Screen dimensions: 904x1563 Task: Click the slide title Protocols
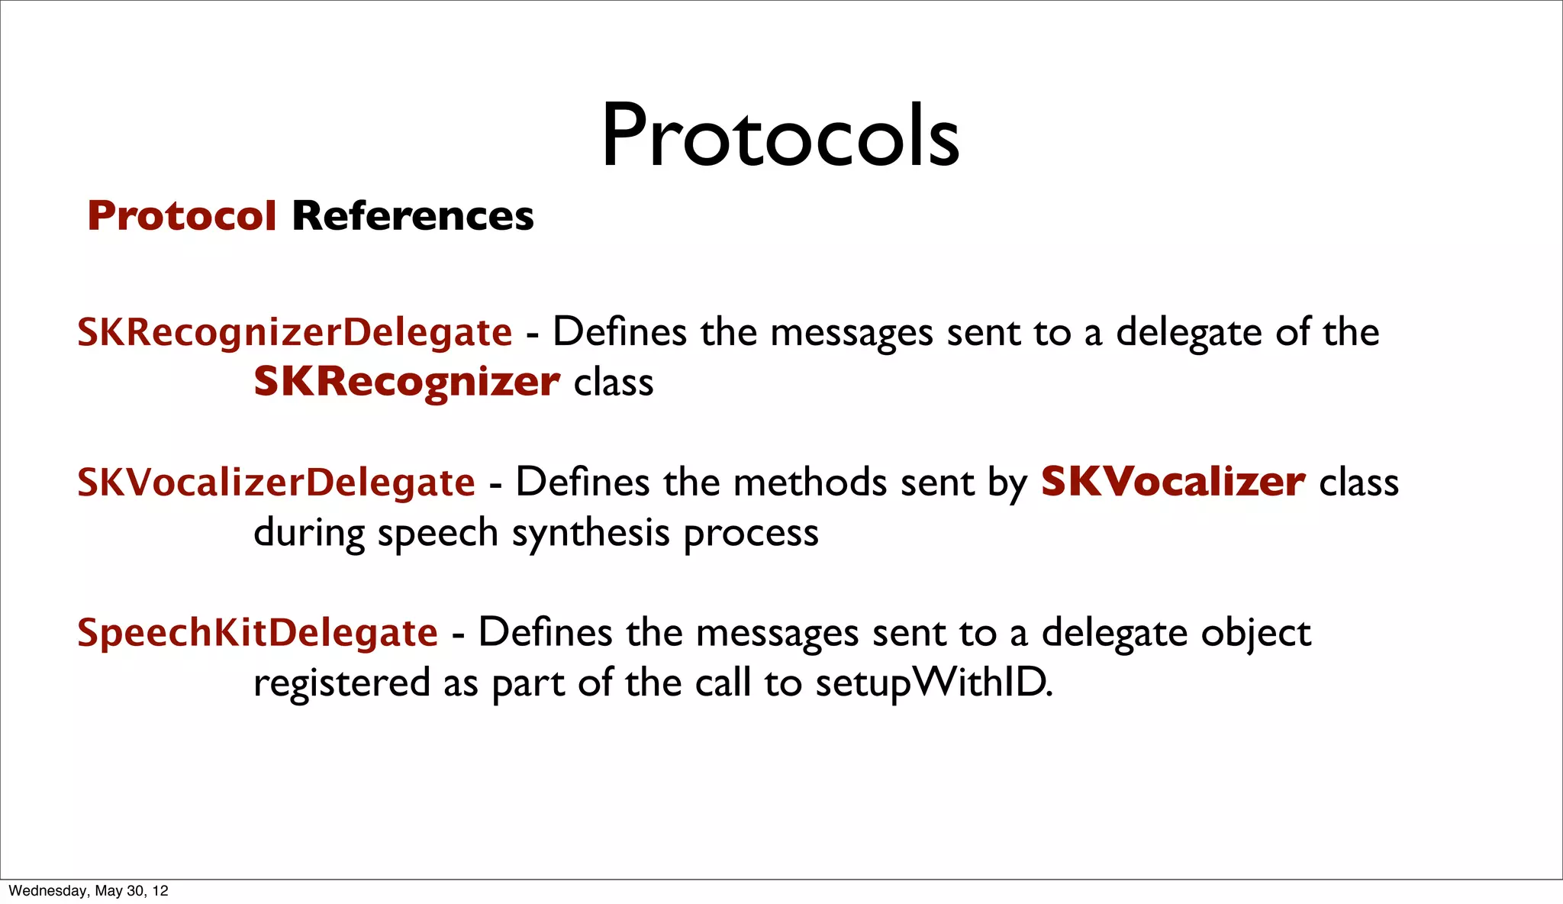point(780,136)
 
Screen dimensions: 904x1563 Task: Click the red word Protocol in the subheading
point(182,216)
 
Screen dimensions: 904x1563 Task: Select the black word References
point(413,216)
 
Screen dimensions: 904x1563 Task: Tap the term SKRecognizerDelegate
point(295,333)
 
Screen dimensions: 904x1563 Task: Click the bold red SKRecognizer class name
point(407,382)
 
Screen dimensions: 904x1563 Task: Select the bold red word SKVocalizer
point(1173,483)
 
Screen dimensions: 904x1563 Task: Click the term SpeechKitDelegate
point(258,633)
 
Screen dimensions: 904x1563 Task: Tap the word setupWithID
point(933,683)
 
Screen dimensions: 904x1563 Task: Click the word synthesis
point(590,533)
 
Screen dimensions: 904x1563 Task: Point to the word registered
point(342,683)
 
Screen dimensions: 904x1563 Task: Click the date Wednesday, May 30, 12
point(89,891)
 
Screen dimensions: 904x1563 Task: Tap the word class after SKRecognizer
point(614,383)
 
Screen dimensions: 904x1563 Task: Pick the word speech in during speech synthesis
point(437,533)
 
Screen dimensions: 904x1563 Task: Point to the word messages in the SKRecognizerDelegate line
point(852,333)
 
